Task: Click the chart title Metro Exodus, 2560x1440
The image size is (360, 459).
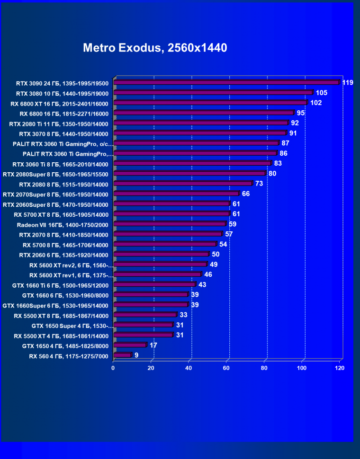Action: point(155,48)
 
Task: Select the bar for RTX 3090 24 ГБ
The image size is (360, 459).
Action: point(226,82)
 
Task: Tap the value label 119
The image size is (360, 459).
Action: point(348,83)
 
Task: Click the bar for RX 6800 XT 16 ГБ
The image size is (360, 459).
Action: point(210,102)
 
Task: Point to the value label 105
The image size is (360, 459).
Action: point(322,93)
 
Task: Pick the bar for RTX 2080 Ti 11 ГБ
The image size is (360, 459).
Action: point(201,123)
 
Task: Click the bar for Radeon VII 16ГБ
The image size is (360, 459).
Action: point(170,224)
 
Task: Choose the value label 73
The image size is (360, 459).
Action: point(259,184)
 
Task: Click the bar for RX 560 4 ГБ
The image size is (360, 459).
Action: point(122,355)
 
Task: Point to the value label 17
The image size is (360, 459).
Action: point(153,345)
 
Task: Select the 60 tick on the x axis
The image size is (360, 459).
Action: point(227,368)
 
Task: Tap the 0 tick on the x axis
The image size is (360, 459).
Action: point(113,368)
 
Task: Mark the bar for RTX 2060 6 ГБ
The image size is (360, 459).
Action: point(161,254)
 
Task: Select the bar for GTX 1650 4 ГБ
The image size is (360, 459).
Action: point(130,345)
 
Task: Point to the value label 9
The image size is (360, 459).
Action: point(136,355)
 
